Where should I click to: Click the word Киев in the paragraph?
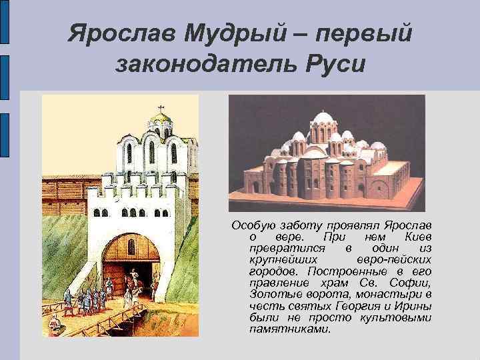tap(417, 238)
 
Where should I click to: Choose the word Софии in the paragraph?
tap(414, 283)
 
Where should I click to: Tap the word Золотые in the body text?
tap(271, 294)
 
